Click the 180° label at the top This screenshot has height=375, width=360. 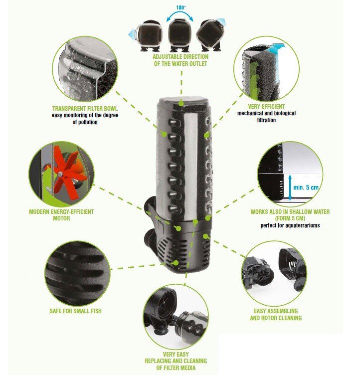tap(181, 7)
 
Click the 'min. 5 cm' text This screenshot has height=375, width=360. tap(306, 187)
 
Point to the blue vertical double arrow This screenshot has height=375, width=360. tap(290, 187)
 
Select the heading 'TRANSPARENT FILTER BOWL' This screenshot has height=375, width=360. tap(85, 109)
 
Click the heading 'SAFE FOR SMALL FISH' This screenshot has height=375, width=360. tap(76, 311)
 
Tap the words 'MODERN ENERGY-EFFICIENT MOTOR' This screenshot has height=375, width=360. tap(61, 215)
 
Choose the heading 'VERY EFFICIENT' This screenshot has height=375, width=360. tap(266, 106)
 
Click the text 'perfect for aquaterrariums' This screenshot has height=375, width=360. tap(290, 225)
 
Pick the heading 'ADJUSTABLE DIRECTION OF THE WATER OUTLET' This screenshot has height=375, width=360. tap(180, 60)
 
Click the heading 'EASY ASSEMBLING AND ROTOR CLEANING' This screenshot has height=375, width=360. tap(276, 315)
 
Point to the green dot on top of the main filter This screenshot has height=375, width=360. tap(181, 104)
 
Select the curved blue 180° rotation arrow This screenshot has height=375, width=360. tap(180, 14)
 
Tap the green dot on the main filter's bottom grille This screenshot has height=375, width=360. tap(176, 263)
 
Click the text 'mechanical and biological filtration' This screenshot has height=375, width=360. tap(266, 117)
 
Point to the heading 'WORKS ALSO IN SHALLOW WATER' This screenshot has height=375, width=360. tap(290, 211)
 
